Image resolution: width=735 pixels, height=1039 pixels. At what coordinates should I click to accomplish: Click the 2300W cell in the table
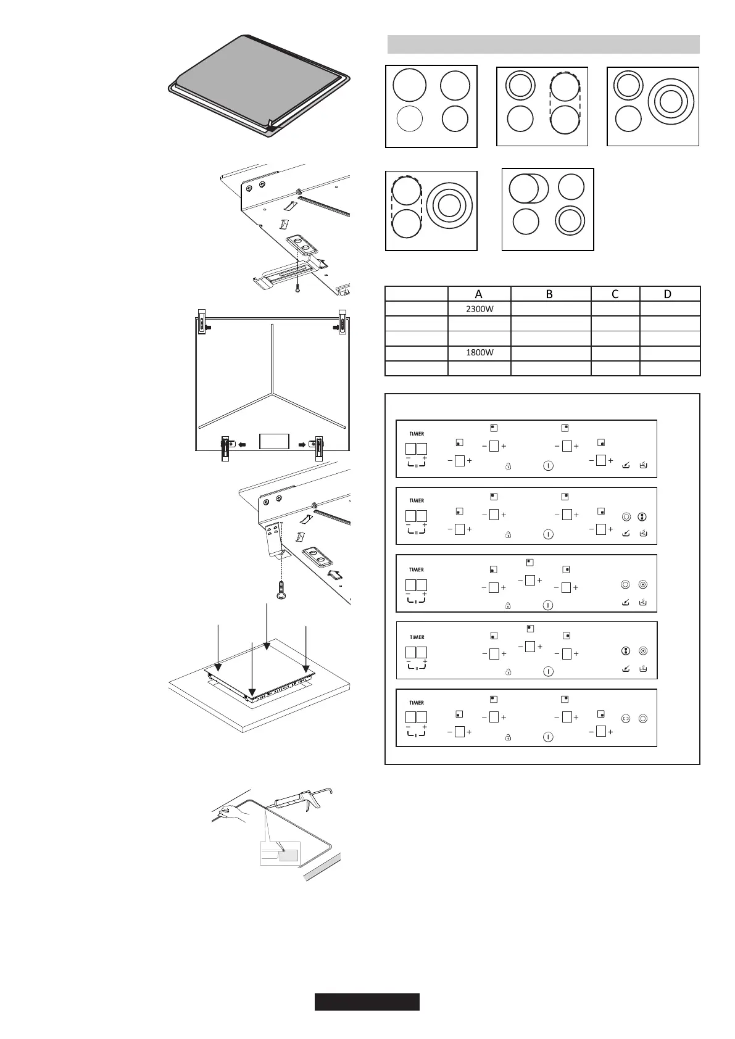[480, 309]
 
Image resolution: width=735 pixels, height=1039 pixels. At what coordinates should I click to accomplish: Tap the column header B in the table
[550, 294]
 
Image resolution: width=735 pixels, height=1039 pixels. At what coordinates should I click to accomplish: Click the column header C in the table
[615, 294]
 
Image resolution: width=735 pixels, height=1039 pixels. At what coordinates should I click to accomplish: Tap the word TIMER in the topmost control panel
[417, 434]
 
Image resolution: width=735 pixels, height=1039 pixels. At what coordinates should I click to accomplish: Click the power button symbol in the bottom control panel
[548, 737]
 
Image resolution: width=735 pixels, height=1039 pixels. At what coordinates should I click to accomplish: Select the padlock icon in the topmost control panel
[508, 466]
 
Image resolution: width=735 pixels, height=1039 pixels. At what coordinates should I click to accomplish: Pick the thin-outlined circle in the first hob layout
[410, 118]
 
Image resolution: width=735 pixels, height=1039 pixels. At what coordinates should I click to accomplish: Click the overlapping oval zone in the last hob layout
[528, 188]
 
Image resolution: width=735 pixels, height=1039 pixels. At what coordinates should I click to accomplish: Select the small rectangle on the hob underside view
[274, 441]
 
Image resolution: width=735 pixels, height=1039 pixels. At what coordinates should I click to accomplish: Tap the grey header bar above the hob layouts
[543, 44]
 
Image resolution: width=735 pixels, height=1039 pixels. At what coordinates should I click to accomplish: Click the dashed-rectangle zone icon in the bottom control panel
[626, 718]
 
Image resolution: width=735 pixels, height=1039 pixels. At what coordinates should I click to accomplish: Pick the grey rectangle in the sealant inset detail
[289, 855]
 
